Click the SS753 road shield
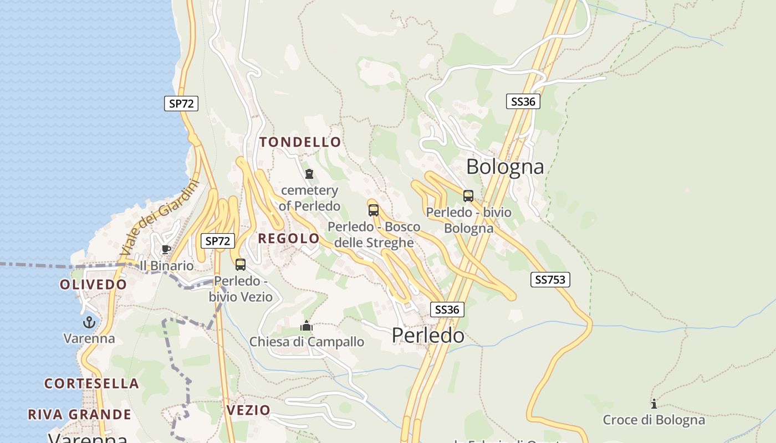coord(550,280)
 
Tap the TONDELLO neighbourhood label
coord(300,142)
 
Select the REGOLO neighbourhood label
coord(289,239)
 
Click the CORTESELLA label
coord(91,383)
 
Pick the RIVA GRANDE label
coord(79,414)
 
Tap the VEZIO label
coord(248,410)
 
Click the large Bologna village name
coord(505,166)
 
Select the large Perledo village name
coord(428,335)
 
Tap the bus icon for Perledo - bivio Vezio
coord(241,265)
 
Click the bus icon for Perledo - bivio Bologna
coord(468,195)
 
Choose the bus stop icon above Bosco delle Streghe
coord(374,210)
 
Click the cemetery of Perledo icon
coord(309,174)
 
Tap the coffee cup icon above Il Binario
coord(166,249)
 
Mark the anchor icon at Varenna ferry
coord(89,322)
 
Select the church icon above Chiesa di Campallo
coord(307,326)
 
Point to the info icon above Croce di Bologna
coord(654,404)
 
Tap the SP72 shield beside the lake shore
coord(181,104)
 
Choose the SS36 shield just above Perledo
coord(447,310)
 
